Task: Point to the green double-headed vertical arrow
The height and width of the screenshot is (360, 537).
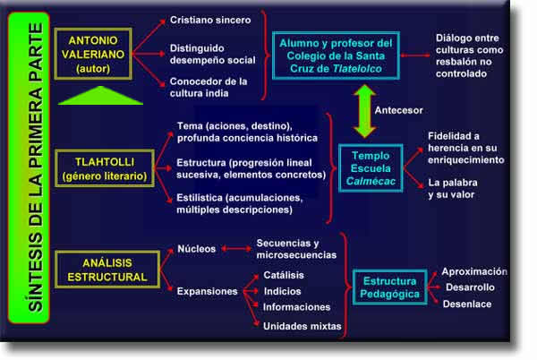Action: click(364, 111)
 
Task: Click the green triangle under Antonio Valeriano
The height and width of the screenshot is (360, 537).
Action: click(100, 95)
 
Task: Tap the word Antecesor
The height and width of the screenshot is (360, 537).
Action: click(398, 110)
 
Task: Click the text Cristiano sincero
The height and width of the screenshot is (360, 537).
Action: click(210, 20)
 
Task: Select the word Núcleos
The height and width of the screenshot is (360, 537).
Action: click(197, 249)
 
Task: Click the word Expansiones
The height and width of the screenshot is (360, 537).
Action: click(208, 291)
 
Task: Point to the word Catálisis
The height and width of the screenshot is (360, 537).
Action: click(284, 275)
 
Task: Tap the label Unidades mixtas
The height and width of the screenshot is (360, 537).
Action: click(303, 326)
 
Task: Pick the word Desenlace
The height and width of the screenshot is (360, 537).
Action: click(467, 304)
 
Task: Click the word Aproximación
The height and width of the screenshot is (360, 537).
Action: click(474, 271)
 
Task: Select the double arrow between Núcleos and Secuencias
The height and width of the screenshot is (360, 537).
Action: click(236, 249)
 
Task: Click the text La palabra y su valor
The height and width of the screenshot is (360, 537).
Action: click(453, 188)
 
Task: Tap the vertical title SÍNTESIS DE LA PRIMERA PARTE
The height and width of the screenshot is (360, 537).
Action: click(36, 167)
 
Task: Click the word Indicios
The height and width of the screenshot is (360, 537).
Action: click(282, 291)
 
